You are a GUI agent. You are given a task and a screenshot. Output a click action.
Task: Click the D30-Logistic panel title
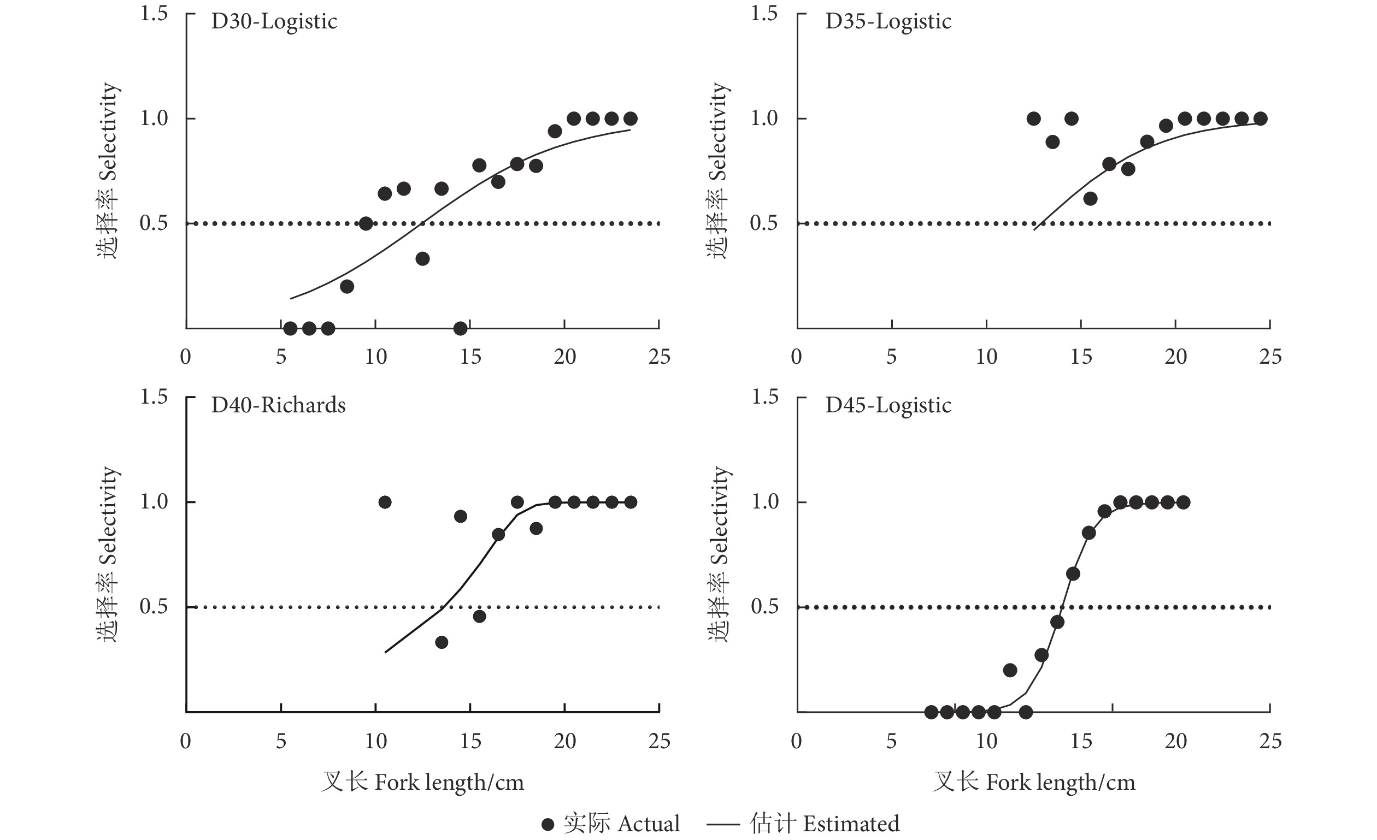click(x=274, y=22)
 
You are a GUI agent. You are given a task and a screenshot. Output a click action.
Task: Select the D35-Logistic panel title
click(x=887, y=22)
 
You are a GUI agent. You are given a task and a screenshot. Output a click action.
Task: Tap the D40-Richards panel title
click(x=278, y=405)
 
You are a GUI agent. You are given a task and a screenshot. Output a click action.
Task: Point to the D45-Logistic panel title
click(x=887, y=405)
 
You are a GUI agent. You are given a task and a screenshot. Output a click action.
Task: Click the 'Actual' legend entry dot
click(x=548, y=824)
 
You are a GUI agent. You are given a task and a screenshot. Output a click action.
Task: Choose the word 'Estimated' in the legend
click(x=851, y=824)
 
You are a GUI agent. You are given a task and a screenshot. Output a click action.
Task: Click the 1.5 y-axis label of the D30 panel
click(x=154, y=14)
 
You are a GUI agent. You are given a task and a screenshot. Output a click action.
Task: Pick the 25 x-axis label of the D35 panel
click(x=1270, y=357)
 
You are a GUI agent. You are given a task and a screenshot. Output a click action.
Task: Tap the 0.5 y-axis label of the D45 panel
click(x=764, y=607)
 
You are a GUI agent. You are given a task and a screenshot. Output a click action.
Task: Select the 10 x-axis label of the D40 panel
click(x=375, y=741)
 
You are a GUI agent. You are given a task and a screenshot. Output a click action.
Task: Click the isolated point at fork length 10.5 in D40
click(x=385, y=502)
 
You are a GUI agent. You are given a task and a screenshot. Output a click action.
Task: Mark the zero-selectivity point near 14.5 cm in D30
click(x=461, y=328)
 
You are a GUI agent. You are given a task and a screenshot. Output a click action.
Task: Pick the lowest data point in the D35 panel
click(x=1090, y=199)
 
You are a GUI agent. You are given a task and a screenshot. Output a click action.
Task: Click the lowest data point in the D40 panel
click(x=442, y=642)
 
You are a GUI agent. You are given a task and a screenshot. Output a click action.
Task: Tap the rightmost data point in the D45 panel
click(x=1183, y=502)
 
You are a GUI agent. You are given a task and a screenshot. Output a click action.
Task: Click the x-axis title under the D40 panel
click(x=422, y=783)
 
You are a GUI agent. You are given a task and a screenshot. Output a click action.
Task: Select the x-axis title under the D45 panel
click(x=1034, y=783)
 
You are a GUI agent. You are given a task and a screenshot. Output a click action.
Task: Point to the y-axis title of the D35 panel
click(x=719, y=170)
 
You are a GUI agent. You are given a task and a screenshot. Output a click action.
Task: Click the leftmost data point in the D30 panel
click(x=290, y=328)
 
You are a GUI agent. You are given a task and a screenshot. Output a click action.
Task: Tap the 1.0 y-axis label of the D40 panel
click(x=154, y=501)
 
